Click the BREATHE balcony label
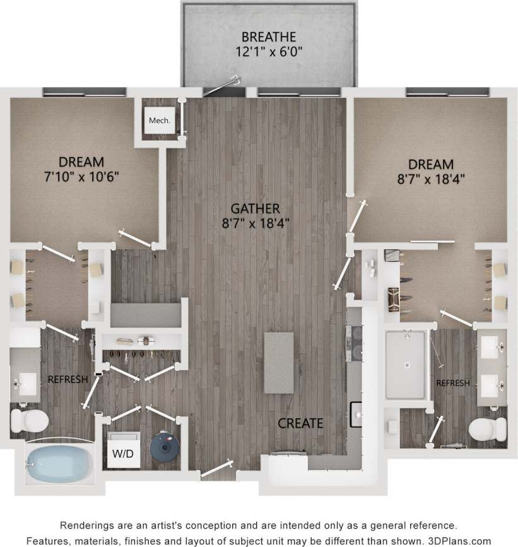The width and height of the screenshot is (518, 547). click(x=269, y=37)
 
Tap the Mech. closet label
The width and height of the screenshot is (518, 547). click(x=160, y=120)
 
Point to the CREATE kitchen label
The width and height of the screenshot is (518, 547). click(x=301, y=423)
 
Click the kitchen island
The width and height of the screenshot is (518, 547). click(x=279, y=363)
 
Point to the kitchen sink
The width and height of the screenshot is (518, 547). click(x=356, y=414)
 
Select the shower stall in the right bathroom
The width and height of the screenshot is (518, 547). click(x=406, y=364)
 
